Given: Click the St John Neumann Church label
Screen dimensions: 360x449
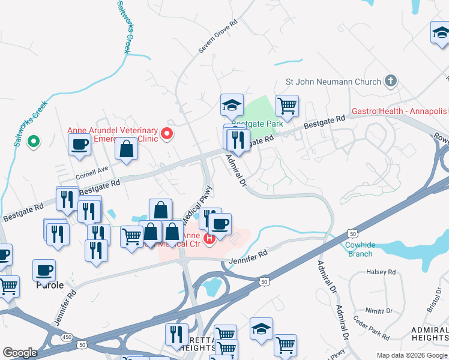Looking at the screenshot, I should [333, 82].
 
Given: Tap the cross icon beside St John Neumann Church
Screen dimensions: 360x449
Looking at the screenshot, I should [391, 80].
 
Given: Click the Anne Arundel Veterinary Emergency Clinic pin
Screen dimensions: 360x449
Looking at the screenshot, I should [167, 133].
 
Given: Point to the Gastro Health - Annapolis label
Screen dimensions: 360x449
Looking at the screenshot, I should [399, 112].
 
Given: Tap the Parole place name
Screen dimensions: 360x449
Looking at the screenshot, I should [49, 285].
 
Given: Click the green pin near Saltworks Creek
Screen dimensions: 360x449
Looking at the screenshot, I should [34, 142].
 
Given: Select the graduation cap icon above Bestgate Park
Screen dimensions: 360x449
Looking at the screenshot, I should [232, 105].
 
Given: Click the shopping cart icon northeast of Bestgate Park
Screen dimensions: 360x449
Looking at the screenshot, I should [288, 106].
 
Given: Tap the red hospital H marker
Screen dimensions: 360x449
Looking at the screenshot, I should [209, 239].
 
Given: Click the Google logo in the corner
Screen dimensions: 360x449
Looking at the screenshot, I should [20, 353].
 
